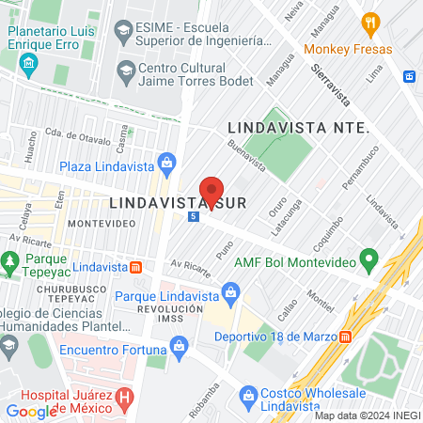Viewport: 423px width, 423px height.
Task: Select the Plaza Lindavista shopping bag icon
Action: [166, 162]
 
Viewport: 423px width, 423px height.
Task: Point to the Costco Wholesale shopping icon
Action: [248, 395]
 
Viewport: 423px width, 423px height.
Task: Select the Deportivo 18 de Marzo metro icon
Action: [346, 336]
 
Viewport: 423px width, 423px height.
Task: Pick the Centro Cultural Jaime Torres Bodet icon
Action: [125, 71]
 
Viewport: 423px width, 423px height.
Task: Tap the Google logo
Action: [31, 411]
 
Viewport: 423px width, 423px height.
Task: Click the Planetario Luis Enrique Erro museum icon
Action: [28, 65]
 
